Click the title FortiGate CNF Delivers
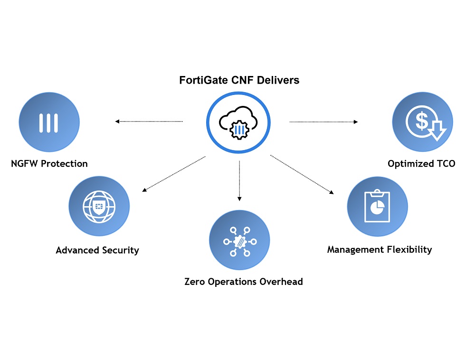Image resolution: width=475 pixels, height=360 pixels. tap(239, 80)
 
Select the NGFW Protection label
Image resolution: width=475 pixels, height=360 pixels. tap(49, 164)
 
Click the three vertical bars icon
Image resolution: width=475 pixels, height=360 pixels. tap(49, 123)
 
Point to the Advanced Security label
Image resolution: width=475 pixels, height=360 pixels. tap(97, 250)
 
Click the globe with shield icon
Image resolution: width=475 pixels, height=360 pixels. tap(99, 206)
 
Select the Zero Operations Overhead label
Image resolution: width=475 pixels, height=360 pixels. tap(243, 282)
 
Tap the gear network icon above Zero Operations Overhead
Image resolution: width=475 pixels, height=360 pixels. tap(239, 241)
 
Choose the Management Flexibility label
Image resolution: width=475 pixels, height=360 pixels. tap(380, 249)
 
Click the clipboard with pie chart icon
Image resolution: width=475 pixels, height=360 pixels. tap(377, 207)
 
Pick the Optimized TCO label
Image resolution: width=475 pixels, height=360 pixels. tap(421, 164)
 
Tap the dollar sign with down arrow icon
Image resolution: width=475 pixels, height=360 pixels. tap(423, 123)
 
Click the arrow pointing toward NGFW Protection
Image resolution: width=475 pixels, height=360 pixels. tap(149, 122)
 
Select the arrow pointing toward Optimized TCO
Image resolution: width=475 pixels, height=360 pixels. tap(324, 122)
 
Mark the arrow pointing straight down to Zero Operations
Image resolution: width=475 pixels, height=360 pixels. tap(239, 180)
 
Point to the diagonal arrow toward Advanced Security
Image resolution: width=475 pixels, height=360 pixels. tap(174, 174)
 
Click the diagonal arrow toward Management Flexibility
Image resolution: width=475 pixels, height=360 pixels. tap(302, 174)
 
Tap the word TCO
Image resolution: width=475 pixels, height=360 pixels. tap(445, 164)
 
